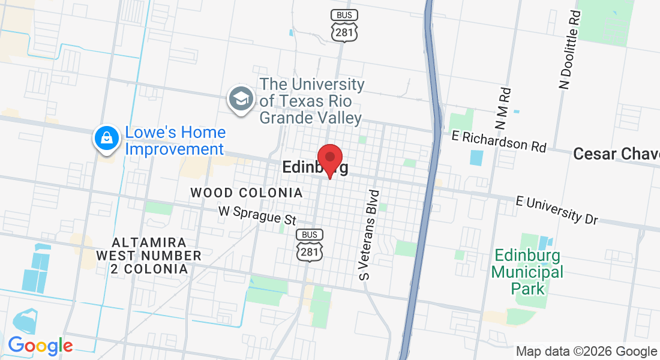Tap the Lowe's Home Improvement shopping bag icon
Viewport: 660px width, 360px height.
106,138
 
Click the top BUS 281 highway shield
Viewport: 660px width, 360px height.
344,26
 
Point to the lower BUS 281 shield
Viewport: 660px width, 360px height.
310,245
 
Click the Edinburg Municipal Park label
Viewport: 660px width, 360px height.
528,272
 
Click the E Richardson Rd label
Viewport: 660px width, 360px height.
499,141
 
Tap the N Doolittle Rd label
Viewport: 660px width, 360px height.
571,50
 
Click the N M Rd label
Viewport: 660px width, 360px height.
503,109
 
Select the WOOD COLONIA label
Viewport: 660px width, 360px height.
247,193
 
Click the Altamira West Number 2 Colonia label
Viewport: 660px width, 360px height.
149,256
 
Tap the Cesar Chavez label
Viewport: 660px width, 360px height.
616,154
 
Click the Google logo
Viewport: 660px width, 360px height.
40,346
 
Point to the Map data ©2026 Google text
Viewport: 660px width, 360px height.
586,352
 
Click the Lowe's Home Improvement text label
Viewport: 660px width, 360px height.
175,140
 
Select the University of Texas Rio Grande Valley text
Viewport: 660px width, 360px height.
311,101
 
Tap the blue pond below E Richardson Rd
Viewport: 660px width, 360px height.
476,158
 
